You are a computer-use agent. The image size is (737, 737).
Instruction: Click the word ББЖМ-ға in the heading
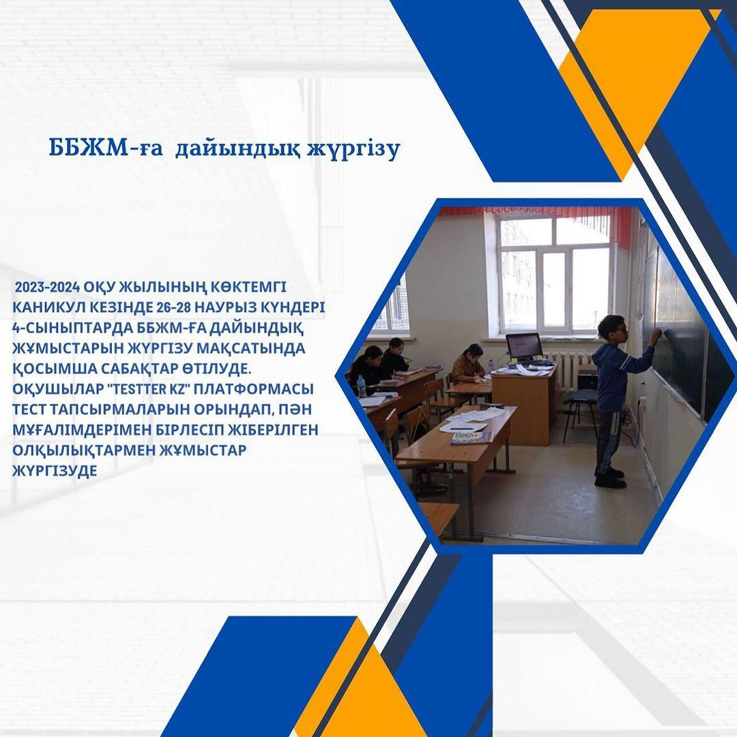click(106, 148)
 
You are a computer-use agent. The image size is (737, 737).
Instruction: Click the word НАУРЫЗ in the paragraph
click(220, 307)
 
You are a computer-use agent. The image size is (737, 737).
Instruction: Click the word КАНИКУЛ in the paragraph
click(42, 307)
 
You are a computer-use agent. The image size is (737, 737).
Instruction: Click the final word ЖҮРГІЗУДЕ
click(55, 471)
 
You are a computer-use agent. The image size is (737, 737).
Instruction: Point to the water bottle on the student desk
click(361, 386)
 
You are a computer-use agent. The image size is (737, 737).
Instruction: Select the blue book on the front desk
click(472, 438)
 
